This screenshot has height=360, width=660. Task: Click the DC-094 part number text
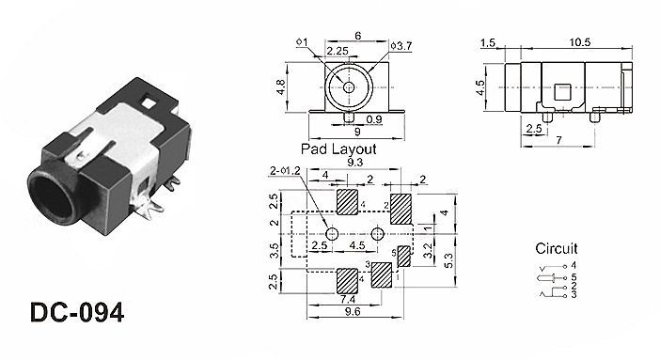point(77,312)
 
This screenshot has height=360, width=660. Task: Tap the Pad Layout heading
point(338,149)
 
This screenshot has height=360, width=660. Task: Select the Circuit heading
point(556,248)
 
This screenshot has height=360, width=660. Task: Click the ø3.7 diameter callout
point(401,46)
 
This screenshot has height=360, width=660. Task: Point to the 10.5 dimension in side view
point(580,42)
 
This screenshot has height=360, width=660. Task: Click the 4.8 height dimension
point(281,87)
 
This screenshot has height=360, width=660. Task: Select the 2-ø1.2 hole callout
point(285,170)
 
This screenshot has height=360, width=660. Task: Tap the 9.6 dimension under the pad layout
point(353,311)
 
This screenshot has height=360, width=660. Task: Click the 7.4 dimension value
point(348,299)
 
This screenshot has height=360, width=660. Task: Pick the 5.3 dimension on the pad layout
point(448,260)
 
